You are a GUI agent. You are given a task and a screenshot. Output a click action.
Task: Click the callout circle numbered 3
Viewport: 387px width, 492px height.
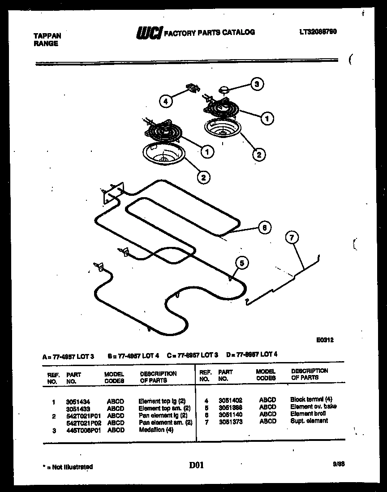257,84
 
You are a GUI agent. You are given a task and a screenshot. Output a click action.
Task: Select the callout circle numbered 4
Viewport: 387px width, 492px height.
165,102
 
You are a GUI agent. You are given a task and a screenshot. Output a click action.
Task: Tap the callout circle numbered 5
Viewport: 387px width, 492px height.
241,263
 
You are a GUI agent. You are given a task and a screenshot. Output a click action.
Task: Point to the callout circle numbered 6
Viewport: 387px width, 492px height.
264,228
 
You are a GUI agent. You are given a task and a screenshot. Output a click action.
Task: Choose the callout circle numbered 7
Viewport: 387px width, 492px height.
292,238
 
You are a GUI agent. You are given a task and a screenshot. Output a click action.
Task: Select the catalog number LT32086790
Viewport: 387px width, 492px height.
318,32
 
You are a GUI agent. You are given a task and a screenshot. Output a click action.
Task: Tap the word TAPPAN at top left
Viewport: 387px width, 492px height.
47,36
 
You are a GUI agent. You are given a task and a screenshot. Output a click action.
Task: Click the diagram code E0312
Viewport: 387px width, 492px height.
325,340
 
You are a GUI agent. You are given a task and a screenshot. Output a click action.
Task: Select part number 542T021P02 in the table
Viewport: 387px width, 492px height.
81,423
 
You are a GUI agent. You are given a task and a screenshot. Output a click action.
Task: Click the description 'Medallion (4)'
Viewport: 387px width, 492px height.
155,430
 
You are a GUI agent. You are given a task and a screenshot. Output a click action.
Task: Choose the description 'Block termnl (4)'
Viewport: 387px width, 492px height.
311,399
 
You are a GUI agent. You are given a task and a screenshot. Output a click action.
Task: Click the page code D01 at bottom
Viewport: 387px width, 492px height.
197,466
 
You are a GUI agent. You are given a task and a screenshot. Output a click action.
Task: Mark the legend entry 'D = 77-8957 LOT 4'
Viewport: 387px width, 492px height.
252,354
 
